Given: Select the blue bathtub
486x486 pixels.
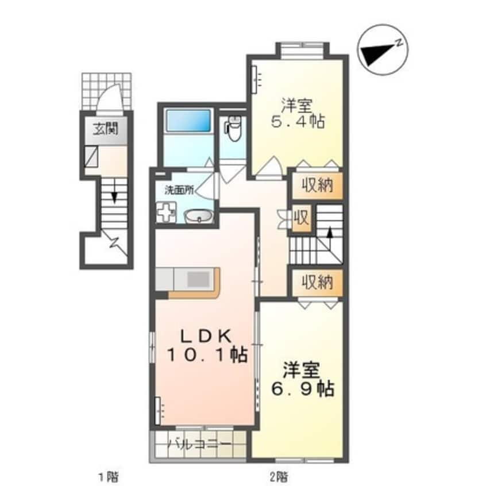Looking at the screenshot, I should coord(188,121).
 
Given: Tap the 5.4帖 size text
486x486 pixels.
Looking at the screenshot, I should coord(296,122).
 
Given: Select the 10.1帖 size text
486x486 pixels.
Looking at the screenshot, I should coord(207,355).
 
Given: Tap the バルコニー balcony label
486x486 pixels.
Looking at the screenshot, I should coord(200,445).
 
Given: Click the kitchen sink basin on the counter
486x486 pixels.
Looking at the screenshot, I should coord(199,279).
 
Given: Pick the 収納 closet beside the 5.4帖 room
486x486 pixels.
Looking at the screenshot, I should coord(318,187).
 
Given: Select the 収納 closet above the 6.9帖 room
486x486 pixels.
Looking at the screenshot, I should coord(318,283).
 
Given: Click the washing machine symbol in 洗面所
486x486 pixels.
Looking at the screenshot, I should coord(167,213).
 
